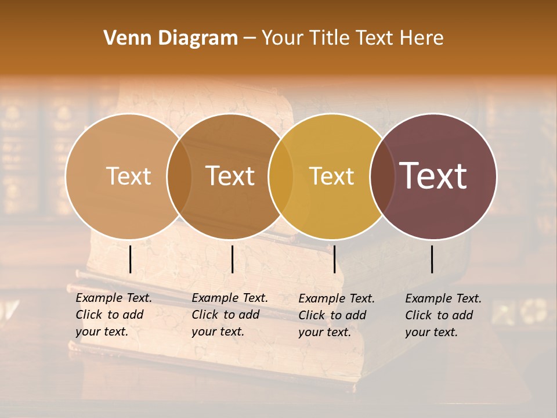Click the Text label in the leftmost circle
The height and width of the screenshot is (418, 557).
128,176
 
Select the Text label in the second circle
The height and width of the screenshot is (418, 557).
230,176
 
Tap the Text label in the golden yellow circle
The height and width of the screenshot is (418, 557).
331,176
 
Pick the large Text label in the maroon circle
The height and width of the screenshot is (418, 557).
433,176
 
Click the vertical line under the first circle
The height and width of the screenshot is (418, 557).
130,259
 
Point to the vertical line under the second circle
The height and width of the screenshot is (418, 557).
232,259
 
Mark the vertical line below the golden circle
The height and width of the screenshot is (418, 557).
334,259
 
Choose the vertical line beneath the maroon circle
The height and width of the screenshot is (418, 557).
432,259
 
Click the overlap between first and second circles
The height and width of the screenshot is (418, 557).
179,176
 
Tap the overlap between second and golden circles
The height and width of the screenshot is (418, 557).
280,176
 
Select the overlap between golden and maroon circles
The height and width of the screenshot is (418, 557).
381,176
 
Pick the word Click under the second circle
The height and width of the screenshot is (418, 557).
204,315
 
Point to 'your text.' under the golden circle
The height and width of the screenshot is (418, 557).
325,333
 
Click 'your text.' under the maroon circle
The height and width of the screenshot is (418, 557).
432,333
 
